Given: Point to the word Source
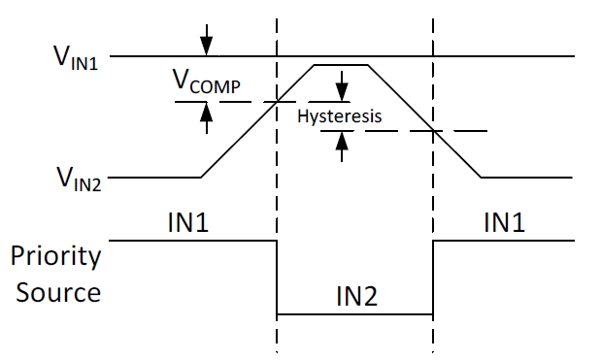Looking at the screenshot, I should pos(55,290).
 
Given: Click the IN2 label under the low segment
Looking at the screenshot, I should pos(354,295).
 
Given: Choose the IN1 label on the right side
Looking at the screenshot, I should pos(504,223).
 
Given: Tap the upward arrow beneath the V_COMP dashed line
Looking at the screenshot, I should pos(205,115).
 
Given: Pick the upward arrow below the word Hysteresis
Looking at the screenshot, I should pos(342,144).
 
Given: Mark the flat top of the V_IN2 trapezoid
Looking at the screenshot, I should pos(340,65).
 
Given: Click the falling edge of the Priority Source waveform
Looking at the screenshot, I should pos(278,277).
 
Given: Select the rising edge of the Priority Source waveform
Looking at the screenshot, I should pos(432,277).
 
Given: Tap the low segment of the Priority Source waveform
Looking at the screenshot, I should pos(354,314).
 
